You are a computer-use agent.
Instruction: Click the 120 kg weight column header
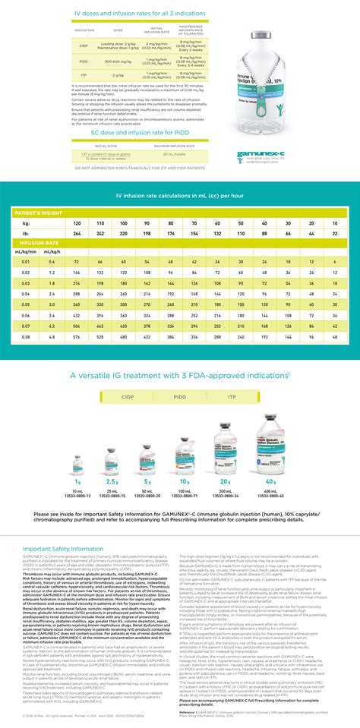coord(77,224)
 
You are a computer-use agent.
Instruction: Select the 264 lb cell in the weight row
coord(77,234)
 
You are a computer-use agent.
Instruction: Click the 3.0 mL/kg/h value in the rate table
coord(52,303)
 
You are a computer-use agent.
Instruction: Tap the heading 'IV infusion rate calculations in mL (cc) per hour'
coord(179,197)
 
